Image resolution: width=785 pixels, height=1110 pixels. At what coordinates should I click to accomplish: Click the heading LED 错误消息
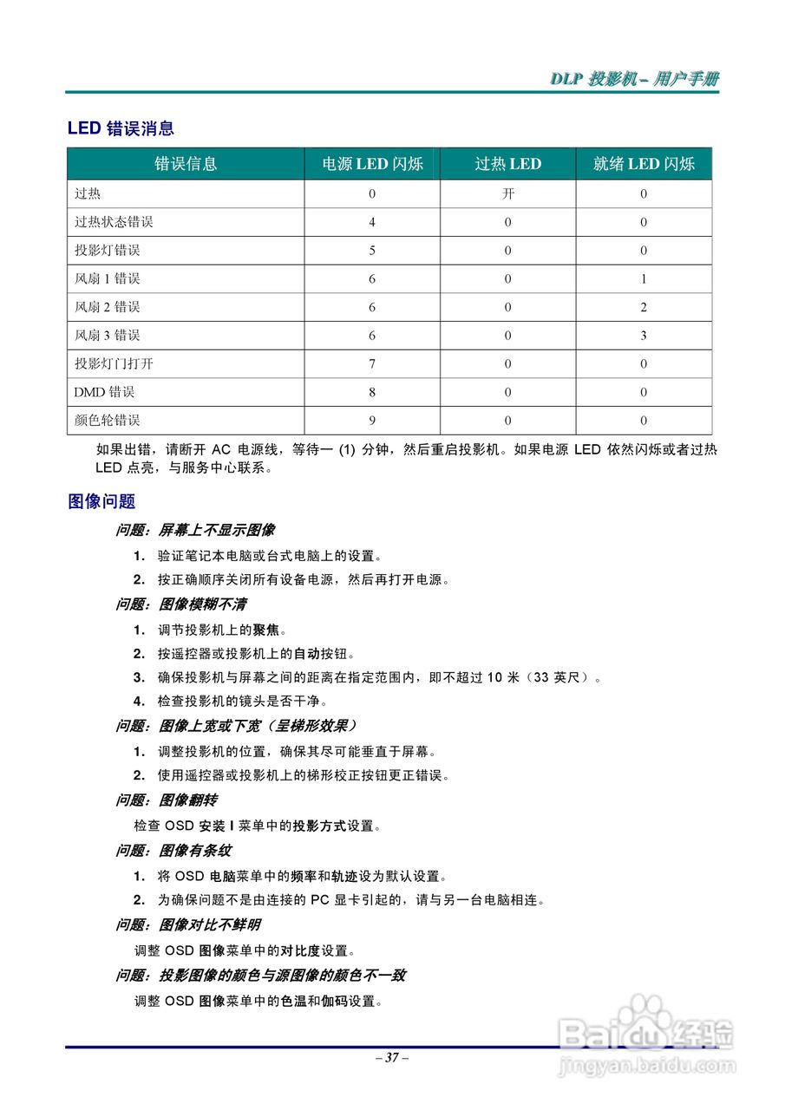coord(121,128)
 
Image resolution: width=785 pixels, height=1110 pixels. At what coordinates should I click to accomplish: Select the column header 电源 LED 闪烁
coord(372,164)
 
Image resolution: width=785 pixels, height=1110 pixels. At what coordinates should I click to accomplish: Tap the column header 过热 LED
coord(507,164)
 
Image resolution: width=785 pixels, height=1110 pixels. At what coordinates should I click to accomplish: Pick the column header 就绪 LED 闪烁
coord(644,164)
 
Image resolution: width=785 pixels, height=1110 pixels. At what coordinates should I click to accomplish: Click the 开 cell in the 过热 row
coord(507,194)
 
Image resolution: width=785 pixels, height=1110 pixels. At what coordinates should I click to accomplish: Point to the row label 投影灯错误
coord(107,251)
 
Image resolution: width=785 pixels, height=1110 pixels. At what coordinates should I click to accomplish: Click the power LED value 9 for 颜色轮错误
coord(372,421)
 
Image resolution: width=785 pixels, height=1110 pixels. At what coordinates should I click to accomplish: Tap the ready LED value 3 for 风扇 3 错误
coord(644,336)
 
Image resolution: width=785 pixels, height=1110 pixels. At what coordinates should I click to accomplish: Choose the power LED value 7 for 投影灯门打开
coord(372,364)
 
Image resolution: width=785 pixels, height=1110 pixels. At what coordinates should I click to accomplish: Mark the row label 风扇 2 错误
coord(107,307)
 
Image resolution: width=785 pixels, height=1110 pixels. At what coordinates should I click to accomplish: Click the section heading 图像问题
coord(101,501)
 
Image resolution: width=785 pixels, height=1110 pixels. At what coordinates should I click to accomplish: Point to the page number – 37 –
coord(392,1058)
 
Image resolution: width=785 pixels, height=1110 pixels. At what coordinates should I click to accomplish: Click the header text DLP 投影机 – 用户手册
coord(634,79)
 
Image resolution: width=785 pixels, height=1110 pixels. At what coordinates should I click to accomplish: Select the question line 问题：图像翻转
coord(167,800)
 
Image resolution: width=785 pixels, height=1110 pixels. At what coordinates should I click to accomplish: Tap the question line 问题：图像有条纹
coord(173,851)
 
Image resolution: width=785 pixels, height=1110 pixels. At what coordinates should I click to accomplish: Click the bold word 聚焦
coord(265,630)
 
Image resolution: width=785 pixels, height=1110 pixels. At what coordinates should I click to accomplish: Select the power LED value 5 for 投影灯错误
coord(372,251)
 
